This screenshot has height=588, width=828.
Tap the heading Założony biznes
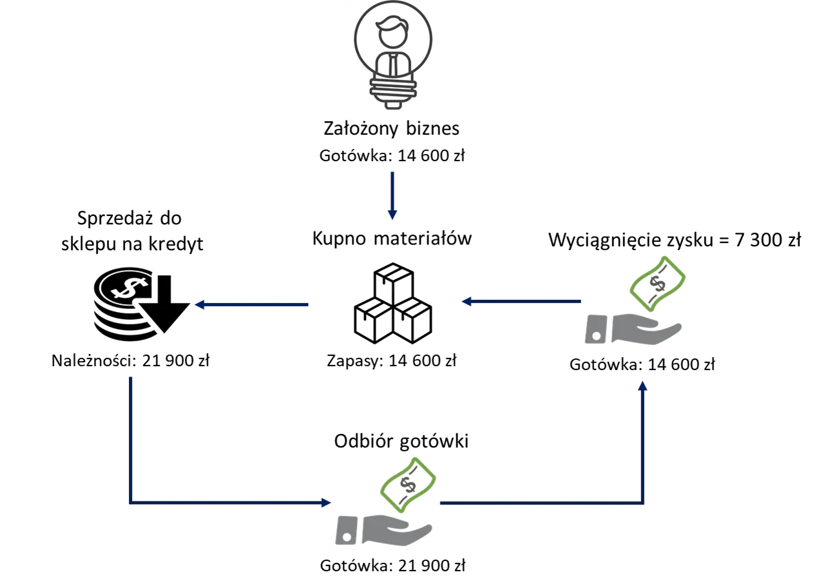[x=392, y=128]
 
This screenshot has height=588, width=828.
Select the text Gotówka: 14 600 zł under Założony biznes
[x=392, y=155]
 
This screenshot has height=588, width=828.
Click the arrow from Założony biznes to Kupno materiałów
[x=392, y=195]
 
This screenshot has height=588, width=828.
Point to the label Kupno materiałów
[x=392, y=238]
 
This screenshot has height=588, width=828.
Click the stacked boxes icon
[x=393, y=303]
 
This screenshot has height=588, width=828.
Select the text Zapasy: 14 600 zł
[x=392, y=360]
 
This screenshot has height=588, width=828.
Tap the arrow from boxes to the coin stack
[x=251, y=305]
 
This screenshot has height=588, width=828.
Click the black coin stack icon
[x=142, y=304]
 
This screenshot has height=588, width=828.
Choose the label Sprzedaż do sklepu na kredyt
[x=132, y=231]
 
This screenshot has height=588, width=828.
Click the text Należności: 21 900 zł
[x=131, y=360]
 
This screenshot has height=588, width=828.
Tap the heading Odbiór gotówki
[x=401, y=441]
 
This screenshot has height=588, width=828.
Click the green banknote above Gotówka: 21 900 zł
[x=408, y=485]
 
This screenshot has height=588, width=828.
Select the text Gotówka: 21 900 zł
[x=392, y=565]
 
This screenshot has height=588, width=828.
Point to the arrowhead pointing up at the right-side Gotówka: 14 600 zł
[x=643, y=386]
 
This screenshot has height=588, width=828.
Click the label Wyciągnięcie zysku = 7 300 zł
[x=675, y=240]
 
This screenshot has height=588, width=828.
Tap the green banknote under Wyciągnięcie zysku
[x=658, y=284]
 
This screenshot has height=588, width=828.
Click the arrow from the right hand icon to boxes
[x=521, y=301]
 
